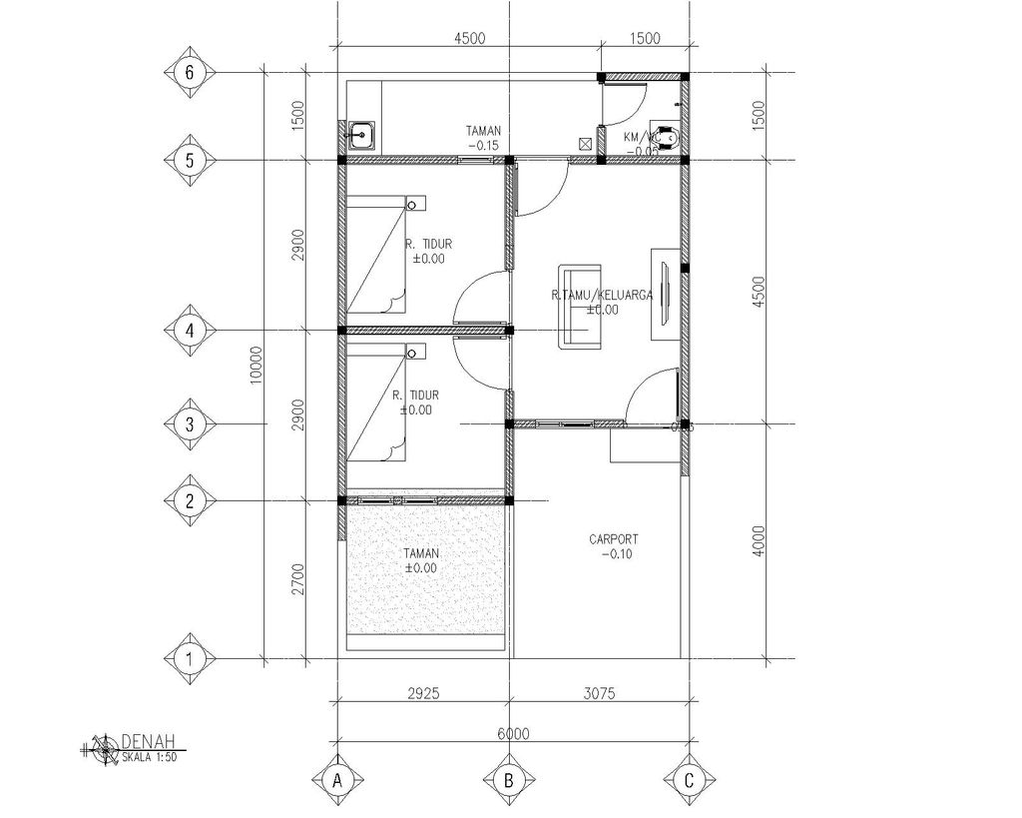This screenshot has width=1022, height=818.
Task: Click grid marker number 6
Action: pos(189,73)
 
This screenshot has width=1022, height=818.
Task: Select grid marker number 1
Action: pos(189,659)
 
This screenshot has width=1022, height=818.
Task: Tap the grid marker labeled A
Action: pos(338,780)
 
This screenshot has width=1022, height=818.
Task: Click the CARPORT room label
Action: pos(614,540)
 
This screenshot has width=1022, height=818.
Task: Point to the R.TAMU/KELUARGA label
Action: pos(602,296)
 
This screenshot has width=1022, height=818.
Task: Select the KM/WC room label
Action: pos(638,137)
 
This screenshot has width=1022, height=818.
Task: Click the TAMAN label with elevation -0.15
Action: pos(484,131)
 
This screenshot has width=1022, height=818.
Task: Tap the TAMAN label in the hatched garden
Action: pos(421,553)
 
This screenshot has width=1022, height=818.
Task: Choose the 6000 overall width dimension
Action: pos(512,733)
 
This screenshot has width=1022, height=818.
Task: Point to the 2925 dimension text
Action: pos(424,690)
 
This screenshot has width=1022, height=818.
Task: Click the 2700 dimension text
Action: pos(296,579)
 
